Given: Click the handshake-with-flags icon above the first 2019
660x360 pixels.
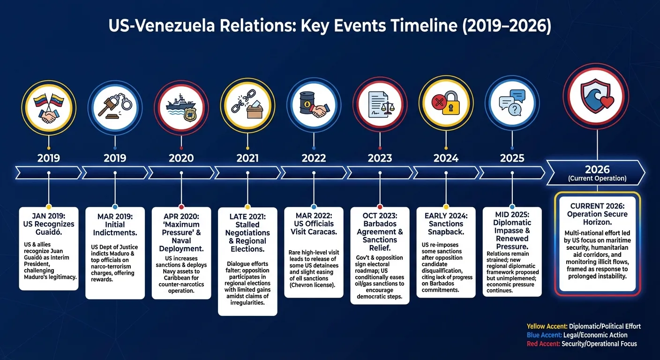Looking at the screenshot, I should pos(49,107).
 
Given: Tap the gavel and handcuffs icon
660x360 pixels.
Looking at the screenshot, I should pos(115,107).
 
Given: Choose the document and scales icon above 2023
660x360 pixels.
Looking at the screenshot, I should pos(380,107).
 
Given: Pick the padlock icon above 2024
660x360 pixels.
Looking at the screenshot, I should pos(446,106).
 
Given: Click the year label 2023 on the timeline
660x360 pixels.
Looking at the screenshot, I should pos(380,158).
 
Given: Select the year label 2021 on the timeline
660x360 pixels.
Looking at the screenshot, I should pos(247,158).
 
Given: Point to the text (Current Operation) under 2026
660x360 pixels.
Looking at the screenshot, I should pos(597,179).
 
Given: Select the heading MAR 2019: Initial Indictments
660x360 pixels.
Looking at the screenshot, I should pos(115,224).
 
